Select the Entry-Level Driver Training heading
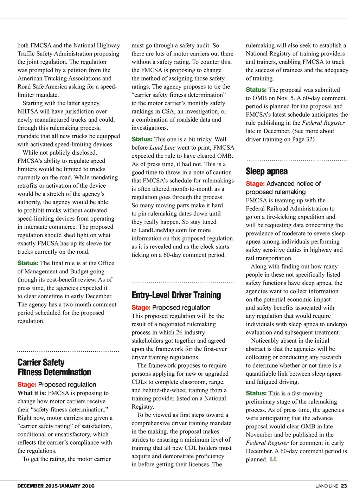[176, 295]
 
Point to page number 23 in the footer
[344, 486]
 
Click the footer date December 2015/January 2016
[56, 486]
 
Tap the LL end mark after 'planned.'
[273, 459]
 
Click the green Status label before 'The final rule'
[28, 263]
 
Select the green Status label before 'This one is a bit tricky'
[142, 139]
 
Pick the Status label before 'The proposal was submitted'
[256, 90]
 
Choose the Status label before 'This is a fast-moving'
[256, 393]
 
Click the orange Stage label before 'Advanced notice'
[255, 183]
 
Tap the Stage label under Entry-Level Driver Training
[141, 307]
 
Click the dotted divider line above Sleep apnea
[297, 160]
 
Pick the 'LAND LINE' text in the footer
[327, 486]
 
